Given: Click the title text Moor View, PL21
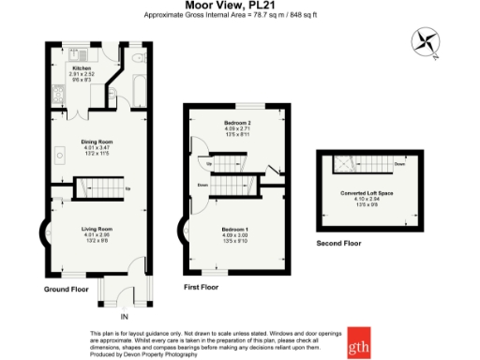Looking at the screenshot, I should pos(240,6).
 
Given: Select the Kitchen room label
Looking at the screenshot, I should pos(82,68).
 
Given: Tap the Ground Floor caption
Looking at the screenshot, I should pos(66,290).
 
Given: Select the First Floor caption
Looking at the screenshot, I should pos(202,285).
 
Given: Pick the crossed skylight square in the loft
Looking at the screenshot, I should pos(345,165).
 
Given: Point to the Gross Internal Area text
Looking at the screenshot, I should pos(240,16).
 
